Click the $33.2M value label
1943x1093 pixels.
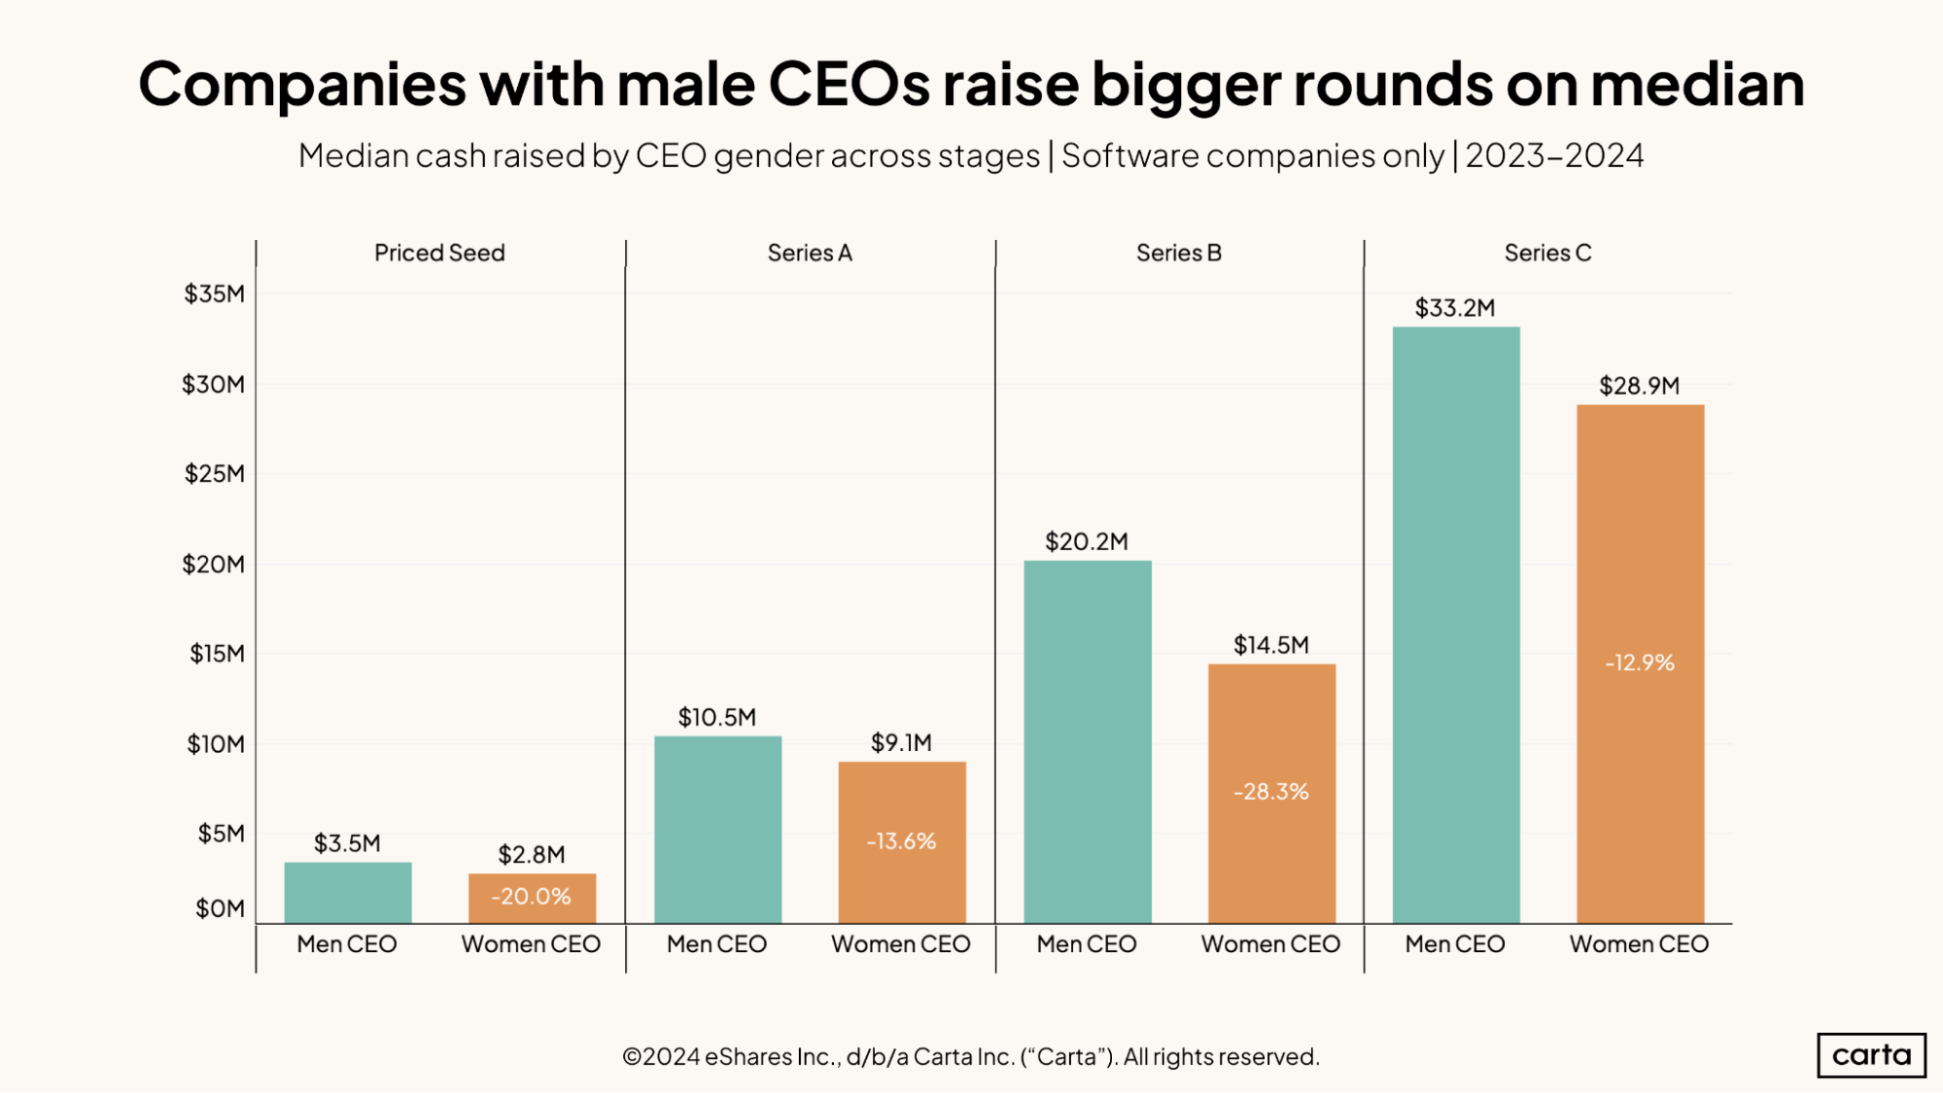coord(1455,308)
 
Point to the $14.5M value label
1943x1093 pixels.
coord(1271,645)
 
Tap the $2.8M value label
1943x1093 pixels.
coord(532,854)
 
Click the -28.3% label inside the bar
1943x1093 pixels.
coord(1271,792)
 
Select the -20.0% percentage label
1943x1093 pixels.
coord(532,896)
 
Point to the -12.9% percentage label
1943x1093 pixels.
coord(1640,663)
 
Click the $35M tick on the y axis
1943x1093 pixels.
coord(215,293)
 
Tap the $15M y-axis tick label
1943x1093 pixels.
coord(217,654)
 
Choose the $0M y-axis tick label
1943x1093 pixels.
coord(220,908)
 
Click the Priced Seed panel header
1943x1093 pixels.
coord(439,253)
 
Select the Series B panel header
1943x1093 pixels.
coord(1179,253)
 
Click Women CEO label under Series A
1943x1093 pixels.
coord(900,943)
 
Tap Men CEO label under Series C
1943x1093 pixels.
coord(1455,943)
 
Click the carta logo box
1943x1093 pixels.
coord(1871,1055)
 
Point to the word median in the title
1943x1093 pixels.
coord(1697,85)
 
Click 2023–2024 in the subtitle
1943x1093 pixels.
coord(1554,155)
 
